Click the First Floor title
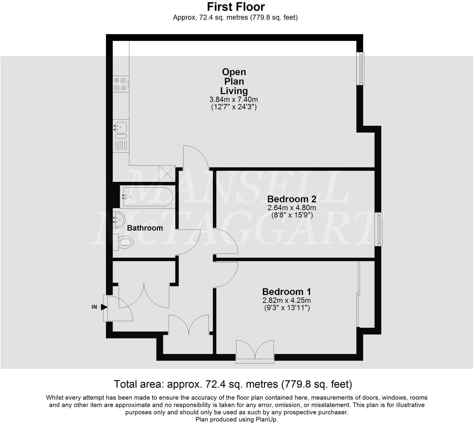(x=236, y=6)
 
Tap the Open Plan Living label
(x=234, y=81)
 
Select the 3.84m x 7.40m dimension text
(x=234, y=99)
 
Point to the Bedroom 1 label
(x=286, y=292)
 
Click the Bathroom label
(x=145, y=228)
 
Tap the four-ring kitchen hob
(x=120, y=84)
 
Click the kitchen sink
(x=120, y=128)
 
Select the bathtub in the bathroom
(x=146, y=196)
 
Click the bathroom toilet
(x=123, y=242)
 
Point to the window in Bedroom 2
(x=379, y=229)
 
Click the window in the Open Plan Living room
(x=360, y=68)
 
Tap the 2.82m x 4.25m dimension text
(x=286, y=301)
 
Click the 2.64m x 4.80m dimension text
(x=291, y=208)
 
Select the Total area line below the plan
(x=233, y=384)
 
